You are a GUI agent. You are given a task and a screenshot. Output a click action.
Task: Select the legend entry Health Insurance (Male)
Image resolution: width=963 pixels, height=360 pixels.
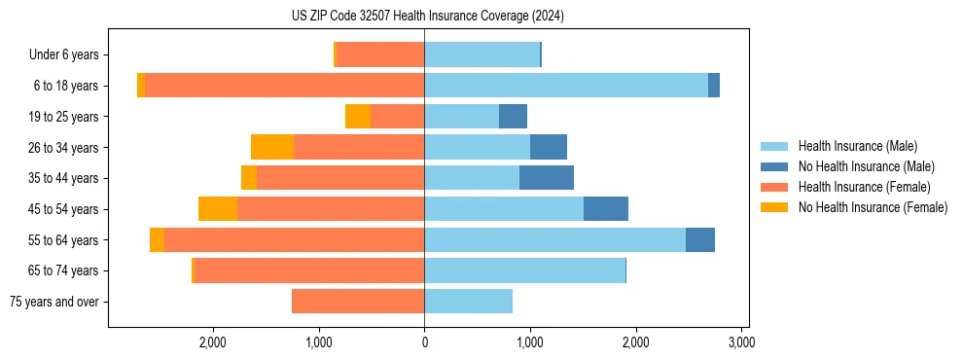(857, 146)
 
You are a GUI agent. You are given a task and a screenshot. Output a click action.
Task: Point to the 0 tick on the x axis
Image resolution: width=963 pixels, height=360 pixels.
(424, 342)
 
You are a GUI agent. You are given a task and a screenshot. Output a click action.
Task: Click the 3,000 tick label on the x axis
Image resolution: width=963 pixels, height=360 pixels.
(741, 342)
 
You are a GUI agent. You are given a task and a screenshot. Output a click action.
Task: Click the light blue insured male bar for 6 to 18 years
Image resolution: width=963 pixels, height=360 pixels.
(566, 86)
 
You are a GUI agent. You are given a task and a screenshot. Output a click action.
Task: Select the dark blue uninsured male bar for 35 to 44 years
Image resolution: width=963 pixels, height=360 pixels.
(547, 178)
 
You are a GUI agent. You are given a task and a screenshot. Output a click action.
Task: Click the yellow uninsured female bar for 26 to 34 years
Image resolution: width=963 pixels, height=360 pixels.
(272, 147)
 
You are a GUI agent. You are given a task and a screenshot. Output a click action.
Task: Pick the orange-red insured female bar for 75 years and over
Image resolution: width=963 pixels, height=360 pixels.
(358, 302)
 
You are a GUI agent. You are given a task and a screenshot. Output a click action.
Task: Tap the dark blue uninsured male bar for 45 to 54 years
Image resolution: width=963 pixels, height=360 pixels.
(606, 209)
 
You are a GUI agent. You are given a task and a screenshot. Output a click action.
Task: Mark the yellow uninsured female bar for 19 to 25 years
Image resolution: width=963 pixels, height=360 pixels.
(358, 117)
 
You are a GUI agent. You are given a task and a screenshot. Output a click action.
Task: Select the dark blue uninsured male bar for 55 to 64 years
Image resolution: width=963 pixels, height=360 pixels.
(700, 240)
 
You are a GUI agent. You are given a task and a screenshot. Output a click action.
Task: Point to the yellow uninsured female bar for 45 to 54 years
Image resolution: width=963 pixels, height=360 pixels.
(218, 209)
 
